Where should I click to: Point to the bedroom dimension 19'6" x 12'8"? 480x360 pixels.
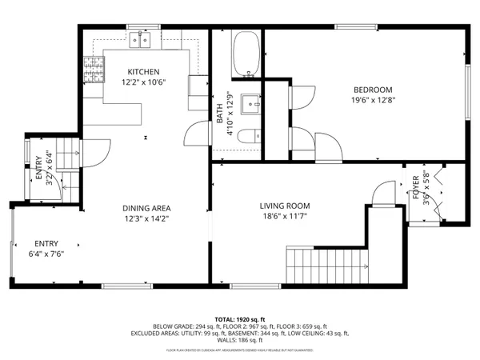(x=373, y=101)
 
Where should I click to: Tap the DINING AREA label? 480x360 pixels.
(x=146, y=206)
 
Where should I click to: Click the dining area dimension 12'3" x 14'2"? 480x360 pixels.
(x=146, y=218)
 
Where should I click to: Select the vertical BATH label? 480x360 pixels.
(x=219, y=114)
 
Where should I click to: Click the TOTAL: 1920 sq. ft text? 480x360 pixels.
(x=239, y=318)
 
